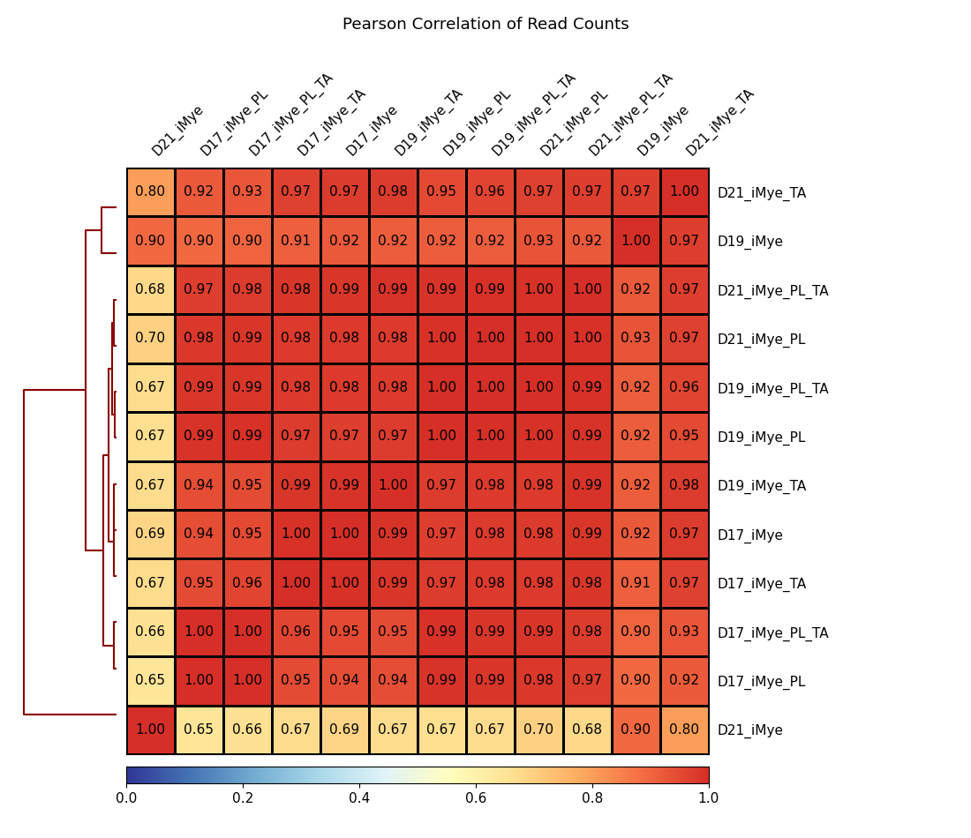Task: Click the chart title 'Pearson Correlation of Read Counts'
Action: [485, 25]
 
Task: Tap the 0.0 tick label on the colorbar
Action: [126, 798]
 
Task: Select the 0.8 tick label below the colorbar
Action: [592, 798]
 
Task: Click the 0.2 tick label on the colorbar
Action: [243, 798]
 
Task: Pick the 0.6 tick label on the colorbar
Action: [476, 798]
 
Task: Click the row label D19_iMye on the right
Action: [749, 242]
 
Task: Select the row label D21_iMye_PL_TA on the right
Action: [772, 291]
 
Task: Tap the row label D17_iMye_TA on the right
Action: [761, 584]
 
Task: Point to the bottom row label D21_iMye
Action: [749, 730]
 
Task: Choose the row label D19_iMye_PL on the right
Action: [761, 438]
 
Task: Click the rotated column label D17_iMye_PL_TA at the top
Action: [290, 116]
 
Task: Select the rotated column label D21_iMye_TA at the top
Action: [719, 123]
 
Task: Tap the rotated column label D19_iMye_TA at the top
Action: [428, 123]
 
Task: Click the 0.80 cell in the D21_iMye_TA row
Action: [150, 192]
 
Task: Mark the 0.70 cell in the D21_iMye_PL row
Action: [150, 339]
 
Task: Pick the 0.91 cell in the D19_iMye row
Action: [296, 242]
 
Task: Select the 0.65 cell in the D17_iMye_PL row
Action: [150, 681]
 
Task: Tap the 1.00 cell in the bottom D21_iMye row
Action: [150, 730]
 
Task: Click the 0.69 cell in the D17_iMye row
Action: [150, 535]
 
